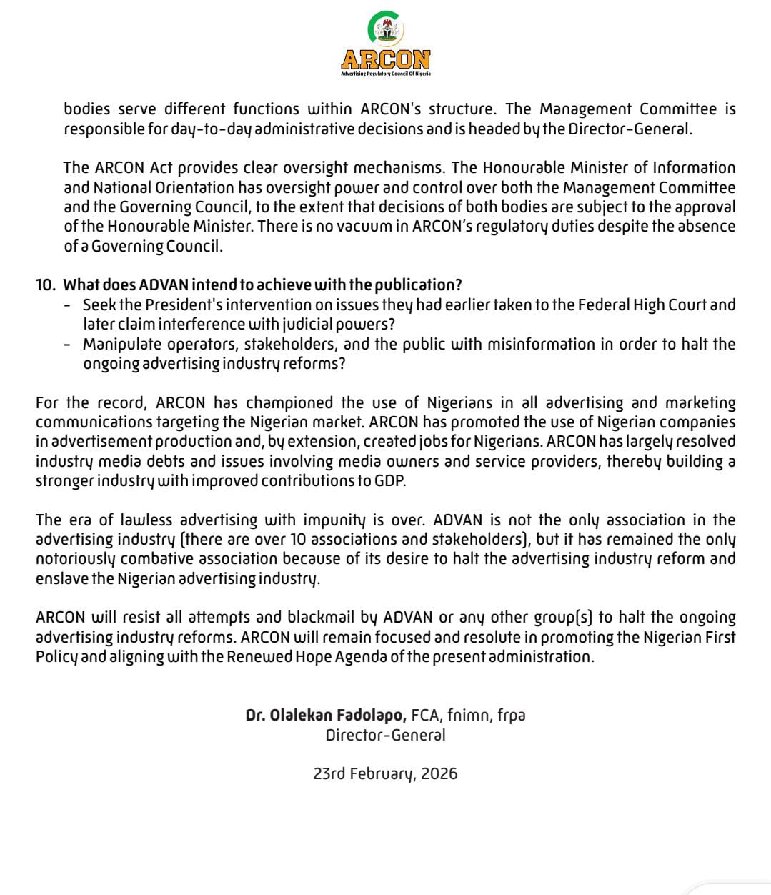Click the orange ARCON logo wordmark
[386, 59]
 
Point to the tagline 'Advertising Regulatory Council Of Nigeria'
[386, 74]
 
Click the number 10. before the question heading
[45, 285]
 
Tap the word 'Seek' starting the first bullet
[99, 305]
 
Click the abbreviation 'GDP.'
[390, 480]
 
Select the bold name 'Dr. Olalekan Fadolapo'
[326, 715]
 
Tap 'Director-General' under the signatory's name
[386, 735]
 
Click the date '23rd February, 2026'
[386, 773]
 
